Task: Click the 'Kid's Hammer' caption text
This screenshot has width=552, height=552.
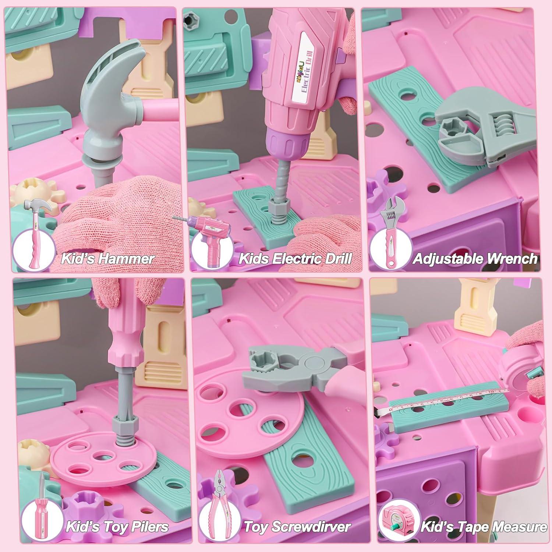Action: [107, 258]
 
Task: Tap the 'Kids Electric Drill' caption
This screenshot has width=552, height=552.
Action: [295, 258]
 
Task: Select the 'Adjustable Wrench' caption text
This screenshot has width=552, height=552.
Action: [475, 258]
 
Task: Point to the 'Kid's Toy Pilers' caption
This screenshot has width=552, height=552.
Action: [117, 527]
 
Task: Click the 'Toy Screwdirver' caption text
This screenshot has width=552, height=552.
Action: [297, 527]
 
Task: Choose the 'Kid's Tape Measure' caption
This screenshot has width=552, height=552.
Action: [484, 527]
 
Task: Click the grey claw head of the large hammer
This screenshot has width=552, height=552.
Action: [110, 81]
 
